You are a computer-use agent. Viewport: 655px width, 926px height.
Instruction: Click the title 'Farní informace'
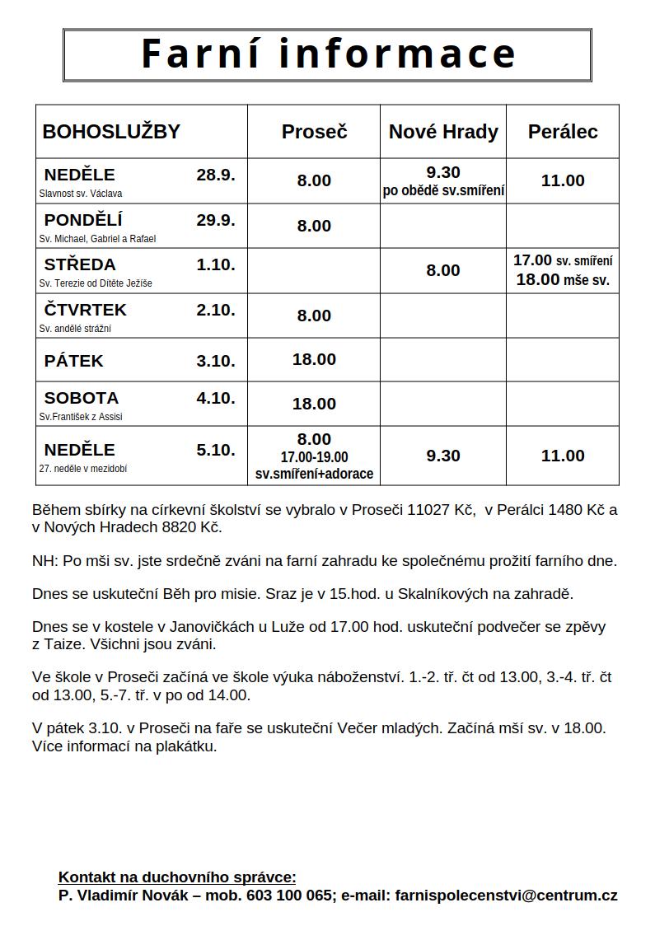328,54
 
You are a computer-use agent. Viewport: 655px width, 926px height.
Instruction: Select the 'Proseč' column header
314,132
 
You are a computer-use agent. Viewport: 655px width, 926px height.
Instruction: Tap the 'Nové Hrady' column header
443,132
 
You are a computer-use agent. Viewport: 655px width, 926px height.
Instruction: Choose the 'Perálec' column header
563,132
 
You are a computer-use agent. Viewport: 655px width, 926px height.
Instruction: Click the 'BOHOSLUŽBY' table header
111,132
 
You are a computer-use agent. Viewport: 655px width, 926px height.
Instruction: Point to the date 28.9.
216,175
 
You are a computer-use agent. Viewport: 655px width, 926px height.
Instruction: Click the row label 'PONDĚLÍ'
83,220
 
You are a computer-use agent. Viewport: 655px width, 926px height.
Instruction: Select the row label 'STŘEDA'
80,264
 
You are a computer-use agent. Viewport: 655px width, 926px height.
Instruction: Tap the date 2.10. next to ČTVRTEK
216,310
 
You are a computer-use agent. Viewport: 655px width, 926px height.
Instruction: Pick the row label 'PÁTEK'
74,361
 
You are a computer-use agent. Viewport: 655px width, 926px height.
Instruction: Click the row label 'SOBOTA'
82,398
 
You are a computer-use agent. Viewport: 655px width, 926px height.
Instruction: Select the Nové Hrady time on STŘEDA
443,270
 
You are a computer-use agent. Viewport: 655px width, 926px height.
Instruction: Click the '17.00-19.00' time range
314,457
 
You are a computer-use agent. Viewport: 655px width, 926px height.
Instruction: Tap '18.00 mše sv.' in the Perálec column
563,280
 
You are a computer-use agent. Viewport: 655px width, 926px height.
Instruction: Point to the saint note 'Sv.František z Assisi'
81,417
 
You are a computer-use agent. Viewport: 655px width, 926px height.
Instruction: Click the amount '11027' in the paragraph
429,510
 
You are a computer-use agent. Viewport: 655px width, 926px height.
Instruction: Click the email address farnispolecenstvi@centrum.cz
506,896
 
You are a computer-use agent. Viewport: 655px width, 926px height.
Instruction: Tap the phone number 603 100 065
288,896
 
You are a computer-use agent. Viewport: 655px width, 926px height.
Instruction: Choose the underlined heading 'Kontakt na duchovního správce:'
177,877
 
